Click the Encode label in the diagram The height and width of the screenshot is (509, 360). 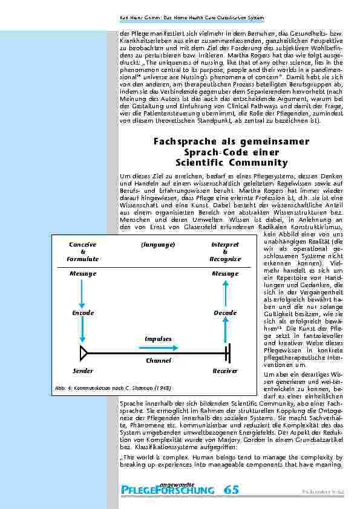pyautogui.click(x=83, y=313)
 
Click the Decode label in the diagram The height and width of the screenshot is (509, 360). pyautogui.click(x=225, y=313)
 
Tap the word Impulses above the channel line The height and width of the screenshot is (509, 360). pyautogui.click(x=158, y=339)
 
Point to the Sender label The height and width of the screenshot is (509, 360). pyautogui.click(x=83, y=371)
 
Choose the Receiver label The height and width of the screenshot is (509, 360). pyautogui.click(x=225, y=371)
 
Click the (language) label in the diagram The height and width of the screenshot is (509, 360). pyautogui.click(x=158, y=244)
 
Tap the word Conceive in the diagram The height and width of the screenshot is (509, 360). pyautogui.click(x=83, y=244)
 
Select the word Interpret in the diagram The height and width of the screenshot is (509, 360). pyautogui.click(x=225, y=244)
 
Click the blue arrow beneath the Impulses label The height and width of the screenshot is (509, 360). pyautogui.click(x=159, y=347)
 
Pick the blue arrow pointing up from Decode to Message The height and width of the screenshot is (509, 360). pyautogui.click(x=226, y=293)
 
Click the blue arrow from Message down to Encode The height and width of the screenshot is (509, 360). pyautogui.click(x=83, y=293)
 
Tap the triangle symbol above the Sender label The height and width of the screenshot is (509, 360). pyautogui.click(x=84, y=352)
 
